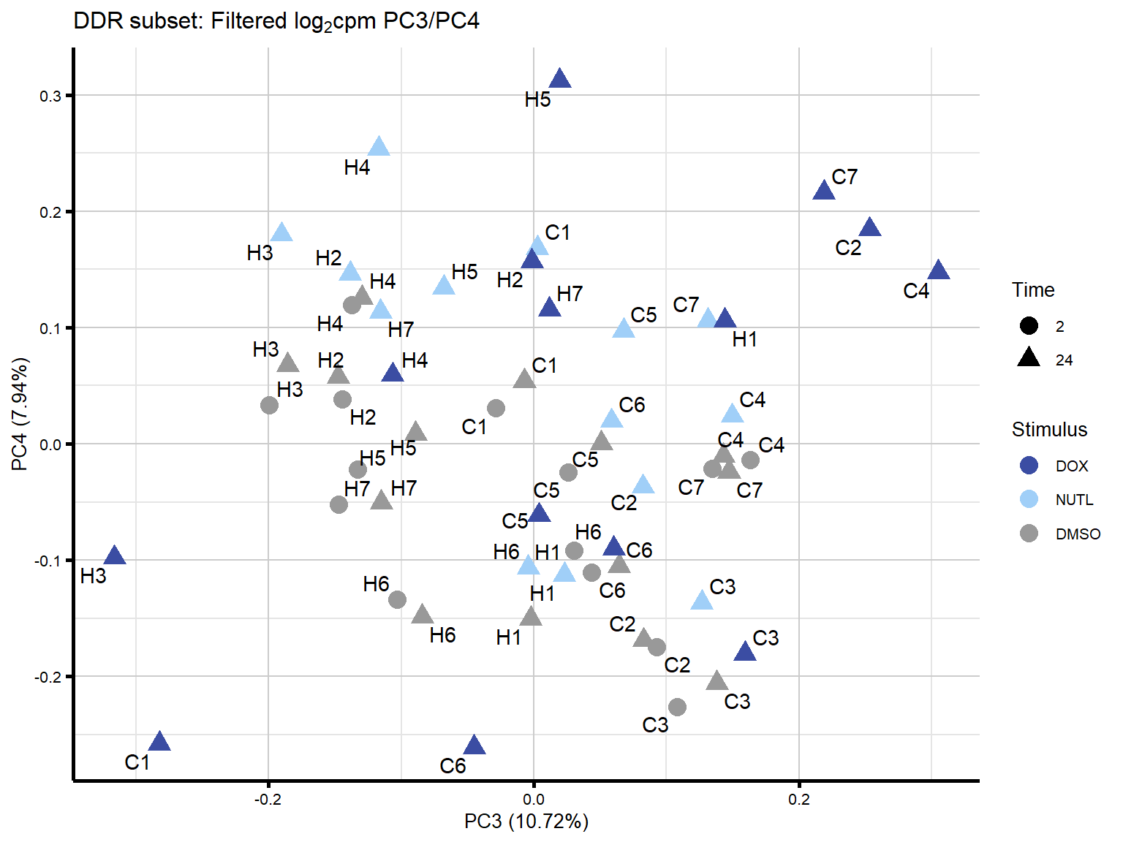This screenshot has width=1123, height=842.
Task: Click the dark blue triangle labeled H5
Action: [559, 79]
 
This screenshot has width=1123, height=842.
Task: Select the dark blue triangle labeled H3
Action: [114, 556]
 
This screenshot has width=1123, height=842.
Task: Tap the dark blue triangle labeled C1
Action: [159, 742]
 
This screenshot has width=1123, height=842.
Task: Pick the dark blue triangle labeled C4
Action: [938, 271]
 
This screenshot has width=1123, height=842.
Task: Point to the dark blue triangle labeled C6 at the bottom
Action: [474, 746]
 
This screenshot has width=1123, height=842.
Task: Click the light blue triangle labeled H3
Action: [281, 233]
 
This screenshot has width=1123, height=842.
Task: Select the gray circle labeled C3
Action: [677, 707]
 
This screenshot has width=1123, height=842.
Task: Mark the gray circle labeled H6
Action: [397, 600]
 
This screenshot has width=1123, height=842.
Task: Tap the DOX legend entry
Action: [1071, 466]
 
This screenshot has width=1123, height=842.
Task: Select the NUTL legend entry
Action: [1073, 500]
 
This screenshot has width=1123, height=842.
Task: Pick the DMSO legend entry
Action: [1077, 534]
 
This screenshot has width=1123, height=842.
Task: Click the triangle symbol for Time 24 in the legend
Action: [1029, 358]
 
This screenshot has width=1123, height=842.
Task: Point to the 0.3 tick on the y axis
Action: [50, 96]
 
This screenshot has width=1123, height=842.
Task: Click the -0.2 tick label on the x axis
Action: [268, 800]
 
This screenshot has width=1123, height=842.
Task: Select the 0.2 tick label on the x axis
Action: [798, 800]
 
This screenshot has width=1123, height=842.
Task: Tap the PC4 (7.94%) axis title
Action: [20, 414]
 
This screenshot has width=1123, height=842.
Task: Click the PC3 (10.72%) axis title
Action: [526, 822]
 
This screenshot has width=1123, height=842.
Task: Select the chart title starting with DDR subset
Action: [276, 21]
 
